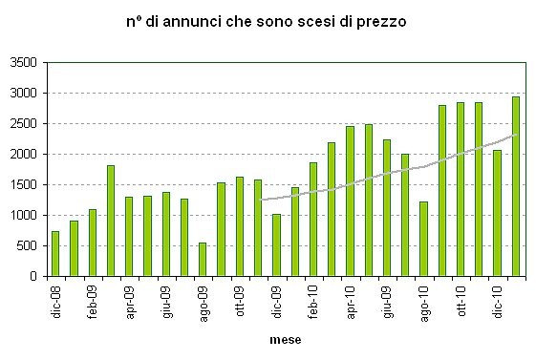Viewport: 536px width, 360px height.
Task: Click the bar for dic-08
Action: point(55,253)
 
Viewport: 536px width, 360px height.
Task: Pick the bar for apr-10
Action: point(350,201)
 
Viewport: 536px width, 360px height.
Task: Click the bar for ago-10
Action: point(423,239)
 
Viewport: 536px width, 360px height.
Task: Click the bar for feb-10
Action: point(312,219)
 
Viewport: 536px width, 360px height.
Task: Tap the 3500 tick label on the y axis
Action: point(23,63)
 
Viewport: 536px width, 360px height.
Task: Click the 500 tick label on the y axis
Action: point(26,245)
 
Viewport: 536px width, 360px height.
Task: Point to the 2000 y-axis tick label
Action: point(23,155)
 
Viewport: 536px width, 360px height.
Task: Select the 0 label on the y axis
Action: point(32,276)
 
